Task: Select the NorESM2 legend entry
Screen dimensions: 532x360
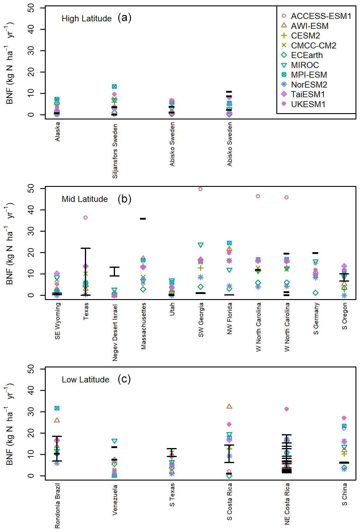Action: tap(309, 85)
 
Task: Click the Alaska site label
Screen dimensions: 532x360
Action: tap(57, 132)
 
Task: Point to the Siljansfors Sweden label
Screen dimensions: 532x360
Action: tap(115, 151)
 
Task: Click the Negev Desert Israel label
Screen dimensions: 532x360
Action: tap(115, 333)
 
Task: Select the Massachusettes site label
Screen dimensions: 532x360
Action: tap(143, 326)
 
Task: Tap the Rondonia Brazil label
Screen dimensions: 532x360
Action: tap(57, 506)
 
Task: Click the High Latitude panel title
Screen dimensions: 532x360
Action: tap(87, 19)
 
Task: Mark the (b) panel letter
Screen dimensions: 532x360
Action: tap(124, 199)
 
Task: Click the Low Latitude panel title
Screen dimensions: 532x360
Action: tap(85, 380)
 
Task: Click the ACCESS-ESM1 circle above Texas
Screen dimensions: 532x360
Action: tap(85, 218)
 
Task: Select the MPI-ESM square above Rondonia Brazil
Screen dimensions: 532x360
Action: tap(57, 408)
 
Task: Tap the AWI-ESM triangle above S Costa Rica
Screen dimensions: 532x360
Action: tap(229, 407)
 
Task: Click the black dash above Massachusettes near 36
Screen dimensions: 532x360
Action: tap(143, 219)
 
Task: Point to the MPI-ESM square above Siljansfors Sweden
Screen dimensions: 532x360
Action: tap(114, 87)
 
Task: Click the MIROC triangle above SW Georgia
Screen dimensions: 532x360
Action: tap(200, 245)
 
